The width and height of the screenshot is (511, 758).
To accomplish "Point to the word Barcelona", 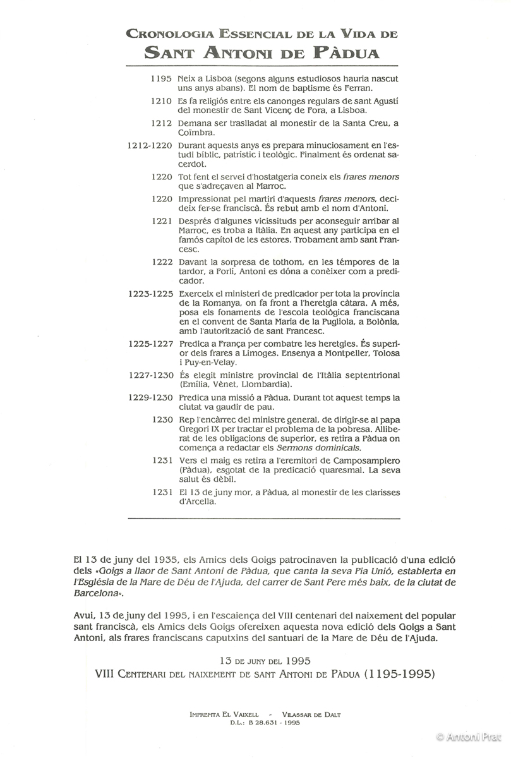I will tap(95, 594).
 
